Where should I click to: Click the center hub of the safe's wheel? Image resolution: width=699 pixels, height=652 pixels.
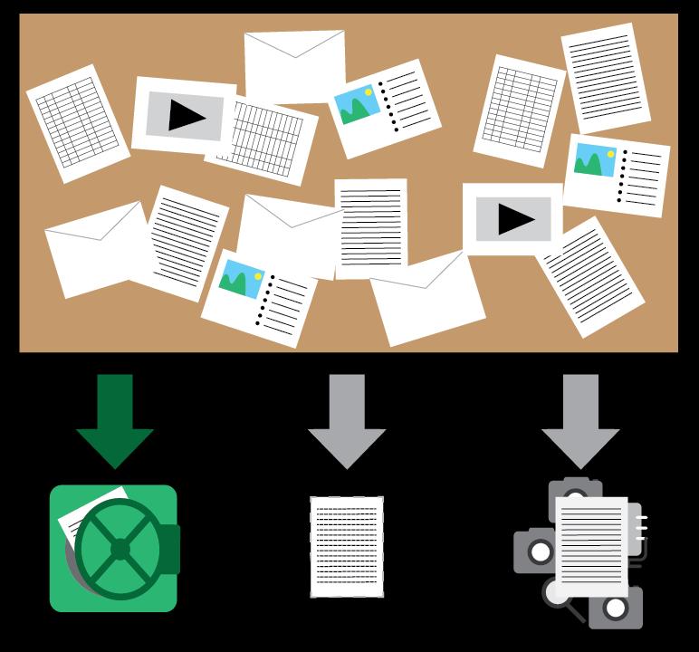[x=120, y=549]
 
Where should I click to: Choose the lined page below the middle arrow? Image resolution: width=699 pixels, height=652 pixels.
[x=347, y=546]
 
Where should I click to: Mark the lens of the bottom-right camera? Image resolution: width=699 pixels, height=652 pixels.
[x=617, y=608]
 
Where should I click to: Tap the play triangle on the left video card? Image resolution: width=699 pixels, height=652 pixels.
[x=187, y=116]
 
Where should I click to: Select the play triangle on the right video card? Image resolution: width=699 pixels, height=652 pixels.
[x=515, y=219]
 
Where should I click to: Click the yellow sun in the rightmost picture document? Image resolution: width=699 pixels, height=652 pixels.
[x=610, y=154]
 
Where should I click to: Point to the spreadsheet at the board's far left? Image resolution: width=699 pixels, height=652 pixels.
[x=77, y=121]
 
